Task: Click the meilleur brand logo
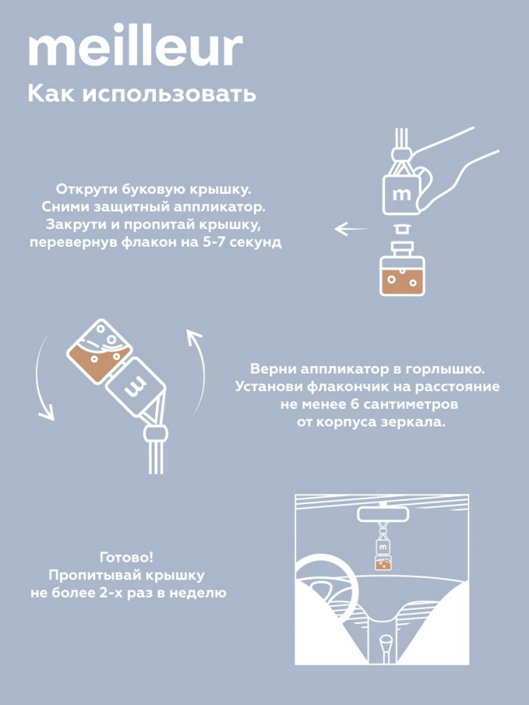click(x=135, y=49)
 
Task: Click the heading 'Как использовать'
click(x=142, y=94)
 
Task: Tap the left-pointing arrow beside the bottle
click(x=351, y=229)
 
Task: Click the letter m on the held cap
click(x=402, y=195)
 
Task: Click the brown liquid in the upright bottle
click(x=402, y=283)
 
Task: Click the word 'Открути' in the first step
click(x=87, y=189)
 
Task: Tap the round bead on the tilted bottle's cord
click(x=156, y=434)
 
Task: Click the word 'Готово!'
click(x=126, y=558)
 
